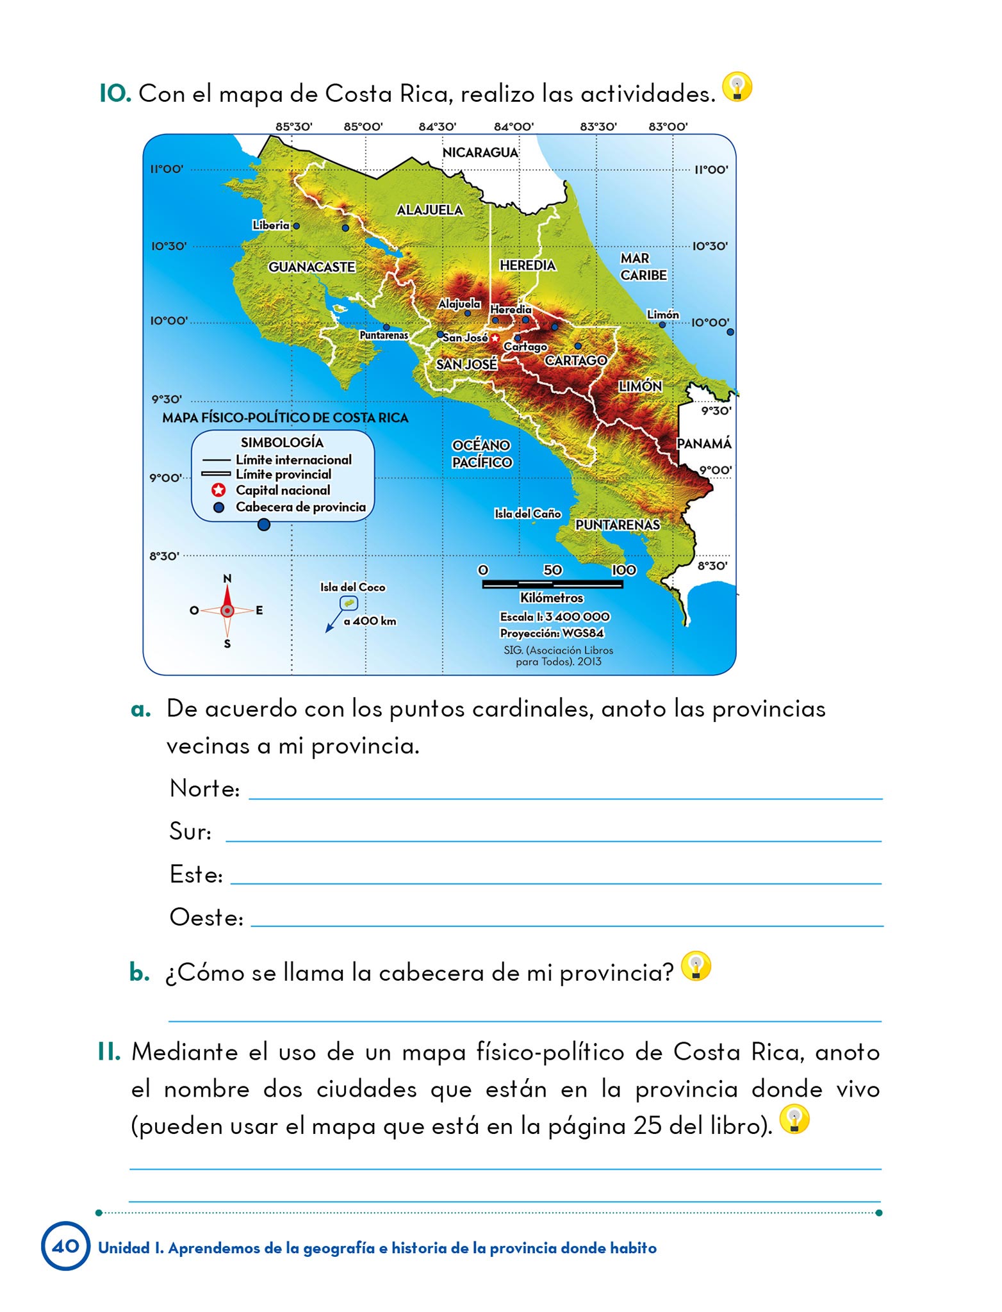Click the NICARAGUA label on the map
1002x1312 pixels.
point(480,152)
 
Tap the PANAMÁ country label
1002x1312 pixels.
point(703,443)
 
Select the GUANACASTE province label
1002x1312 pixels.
point(311,267)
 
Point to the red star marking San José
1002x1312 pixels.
point(495,338)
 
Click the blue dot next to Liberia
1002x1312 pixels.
point(296,226)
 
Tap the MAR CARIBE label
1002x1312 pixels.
point(643,266)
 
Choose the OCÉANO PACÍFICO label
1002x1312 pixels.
point(482,454)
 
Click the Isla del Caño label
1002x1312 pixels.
point(527,514)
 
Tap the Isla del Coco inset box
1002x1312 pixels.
point(349,603)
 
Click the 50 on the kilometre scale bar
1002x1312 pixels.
point(552,570)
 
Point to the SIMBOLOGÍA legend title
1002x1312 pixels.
point(282,443)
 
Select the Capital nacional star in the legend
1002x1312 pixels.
point(218,491)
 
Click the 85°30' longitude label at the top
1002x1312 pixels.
point(293,126)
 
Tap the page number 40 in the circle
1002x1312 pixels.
point(65,1246)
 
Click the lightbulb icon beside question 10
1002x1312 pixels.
point(737,87)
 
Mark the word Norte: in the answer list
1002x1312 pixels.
point(204,789)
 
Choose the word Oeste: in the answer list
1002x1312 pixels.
point(206,917)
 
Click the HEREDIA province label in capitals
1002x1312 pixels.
point(527,265)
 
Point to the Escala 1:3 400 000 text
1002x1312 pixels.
point(555,616)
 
